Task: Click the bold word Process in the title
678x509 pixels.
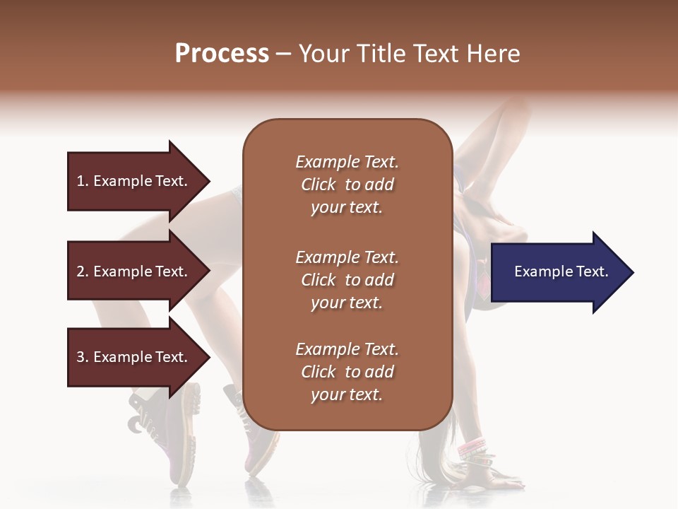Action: coord(222,54)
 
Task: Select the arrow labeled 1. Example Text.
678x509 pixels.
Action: coord(134,181)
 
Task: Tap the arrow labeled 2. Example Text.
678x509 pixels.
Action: coord(134,271)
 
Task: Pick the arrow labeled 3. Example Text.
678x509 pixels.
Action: coord(134,357)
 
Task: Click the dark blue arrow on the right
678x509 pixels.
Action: coord(558,272)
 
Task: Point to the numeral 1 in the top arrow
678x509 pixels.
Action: coord(81,181)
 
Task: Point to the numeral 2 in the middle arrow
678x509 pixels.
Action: coord(81,271)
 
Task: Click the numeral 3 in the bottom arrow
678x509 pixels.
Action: coord(81,357)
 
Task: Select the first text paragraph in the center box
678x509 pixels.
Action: coord(347,185)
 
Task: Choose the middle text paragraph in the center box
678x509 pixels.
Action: coord(347,280)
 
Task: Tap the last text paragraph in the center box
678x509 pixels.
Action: coord(347,372)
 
